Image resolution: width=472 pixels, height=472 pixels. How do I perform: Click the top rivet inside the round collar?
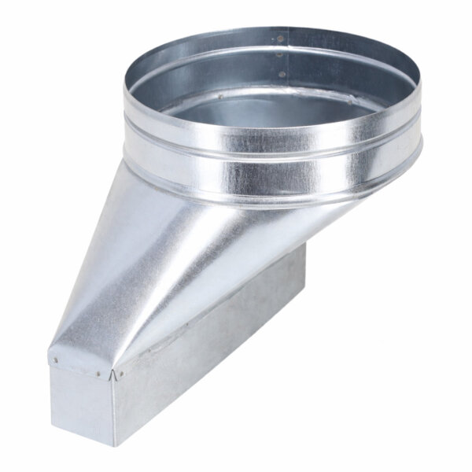(281, 37)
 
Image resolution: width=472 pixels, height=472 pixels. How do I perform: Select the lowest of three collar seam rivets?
(282, 73)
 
